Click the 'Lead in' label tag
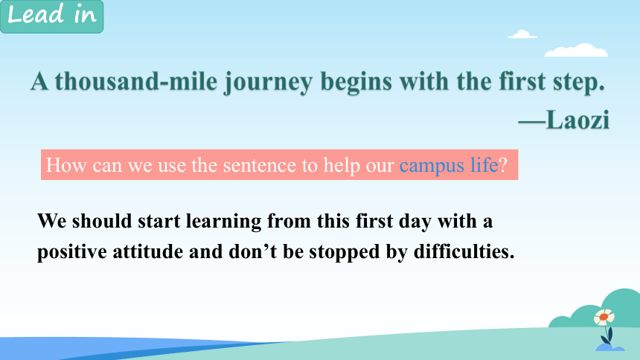[51, 16]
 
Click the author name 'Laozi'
[577, 120]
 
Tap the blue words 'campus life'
[449, 166]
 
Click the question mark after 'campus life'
[503, 165]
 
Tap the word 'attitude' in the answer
[148, 251]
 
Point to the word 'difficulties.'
[464, 251]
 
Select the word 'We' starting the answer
[52, 221]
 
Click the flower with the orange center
[604, 317]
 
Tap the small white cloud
[522, 34]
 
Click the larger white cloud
[576, 50]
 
